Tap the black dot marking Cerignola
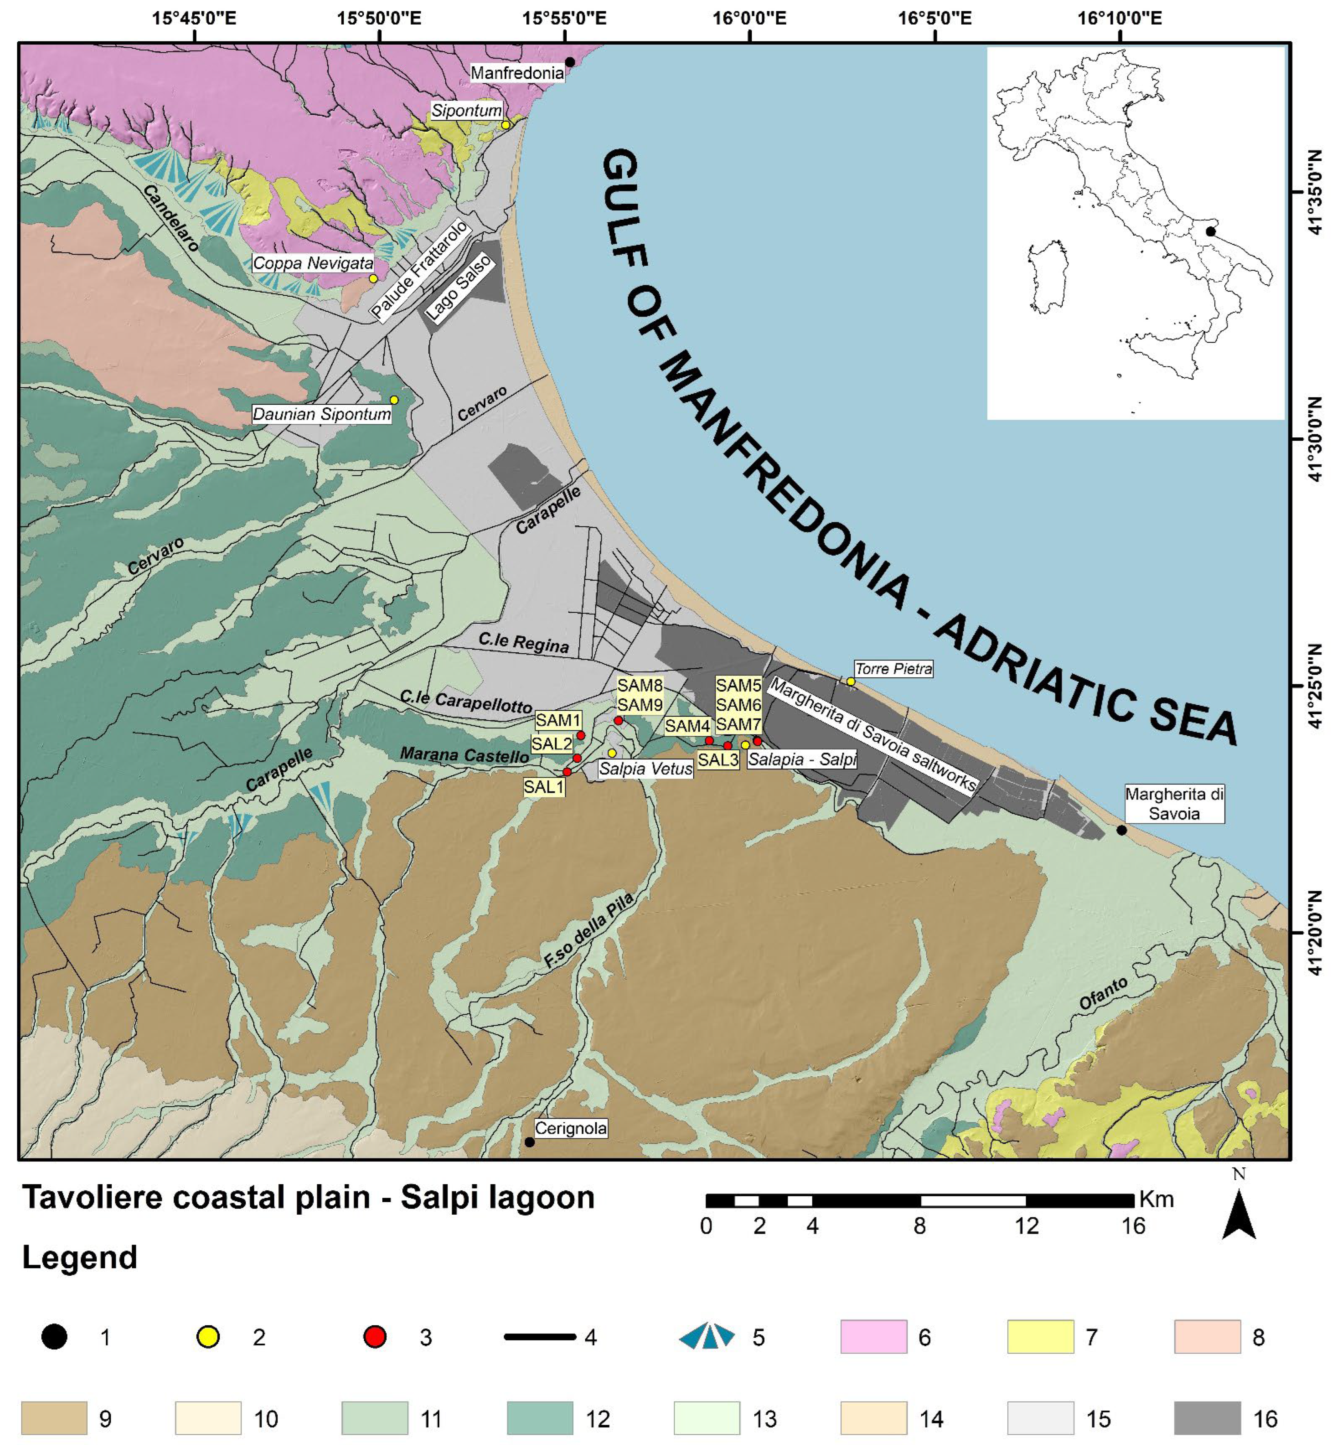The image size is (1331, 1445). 529,1142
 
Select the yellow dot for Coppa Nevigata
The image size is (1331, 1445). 373,278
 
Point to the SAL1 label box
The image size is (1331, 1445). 543,786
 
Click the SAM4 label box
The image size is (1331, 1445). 687,726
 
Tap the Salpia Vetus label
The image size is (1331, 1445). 645,769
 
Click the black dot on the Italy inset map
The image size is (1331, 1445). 1211,231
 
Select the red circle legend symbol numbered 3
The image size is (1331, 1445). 375,1337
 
